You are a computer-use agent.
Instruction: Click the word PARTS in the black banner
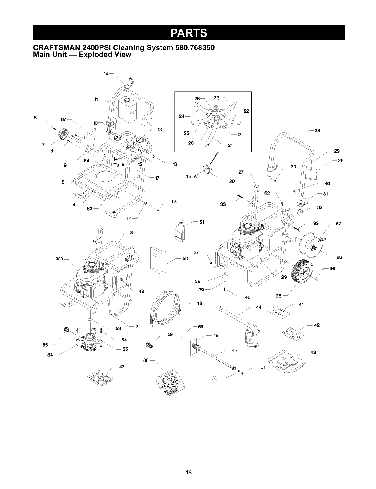[189, 33]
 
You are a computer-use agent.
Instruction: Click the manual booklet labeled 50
[158, 260]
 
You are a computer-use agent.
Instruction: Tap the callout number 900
[59, 259]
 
